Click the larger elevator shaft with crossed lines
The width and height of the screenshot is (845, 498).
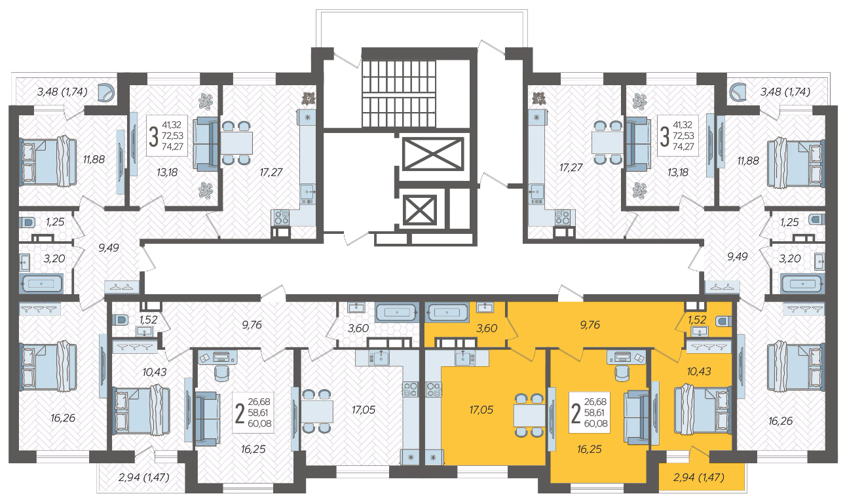click(x=433, y=154)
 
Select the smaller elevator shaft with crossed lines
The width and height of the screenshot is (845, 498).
click(x=420, y=210)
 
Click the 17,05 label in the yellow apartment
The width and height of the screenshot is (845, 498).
click(x=481, y=410)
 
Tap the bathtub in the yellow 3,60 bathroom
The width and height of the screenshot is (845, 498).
click(x=447, y=313)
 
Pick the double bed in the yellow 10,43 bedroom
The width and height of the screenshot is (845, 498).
click(x=702, y=410)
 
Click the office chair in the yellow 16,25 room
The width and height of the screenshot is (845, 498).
click(x=622, y=374)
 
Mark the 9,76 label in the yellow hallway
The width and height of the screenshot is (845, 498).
click(x=590, y=324)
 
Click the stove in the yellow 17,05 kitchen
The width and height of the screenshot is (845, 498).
click(x=434, y=389)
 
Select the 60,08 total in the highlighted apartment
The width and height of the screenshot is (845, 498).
click(x=596, y=423)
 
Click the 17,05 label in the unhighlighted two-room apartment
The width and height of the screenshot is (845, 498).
click(x=364, y=410)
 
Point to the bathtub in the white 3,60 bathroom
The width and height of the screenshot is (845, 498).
click(x=397, y=312)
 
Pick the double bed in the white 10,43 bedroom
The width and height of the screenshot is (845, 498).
click(x=141, y=410)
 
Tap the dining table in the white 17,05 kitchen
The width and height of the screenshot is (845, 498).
click(x=317, y=412)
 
